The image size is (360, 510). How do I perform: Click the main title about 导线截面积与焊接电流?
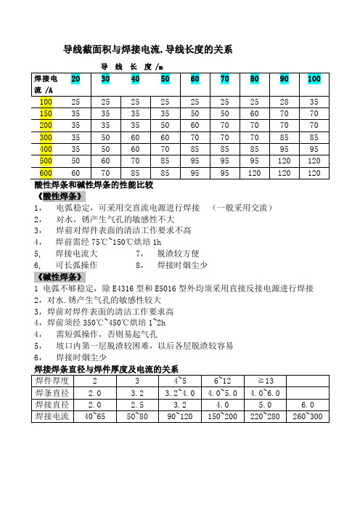pyautogui.click(x=148, y=50)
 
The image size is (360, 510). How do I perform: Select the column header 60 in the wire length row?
pyautogui.click(x=195, y=78)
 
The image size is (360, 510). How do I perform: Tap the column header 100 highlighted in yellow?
pyautogui.click(x=314, y=78)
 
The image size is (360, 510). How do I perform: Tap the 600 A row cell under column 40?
pyautogui.click(x=135, y=173)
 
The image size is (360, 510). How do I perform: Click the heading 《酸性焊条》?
pyautogui.click(x=59, y=196)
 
